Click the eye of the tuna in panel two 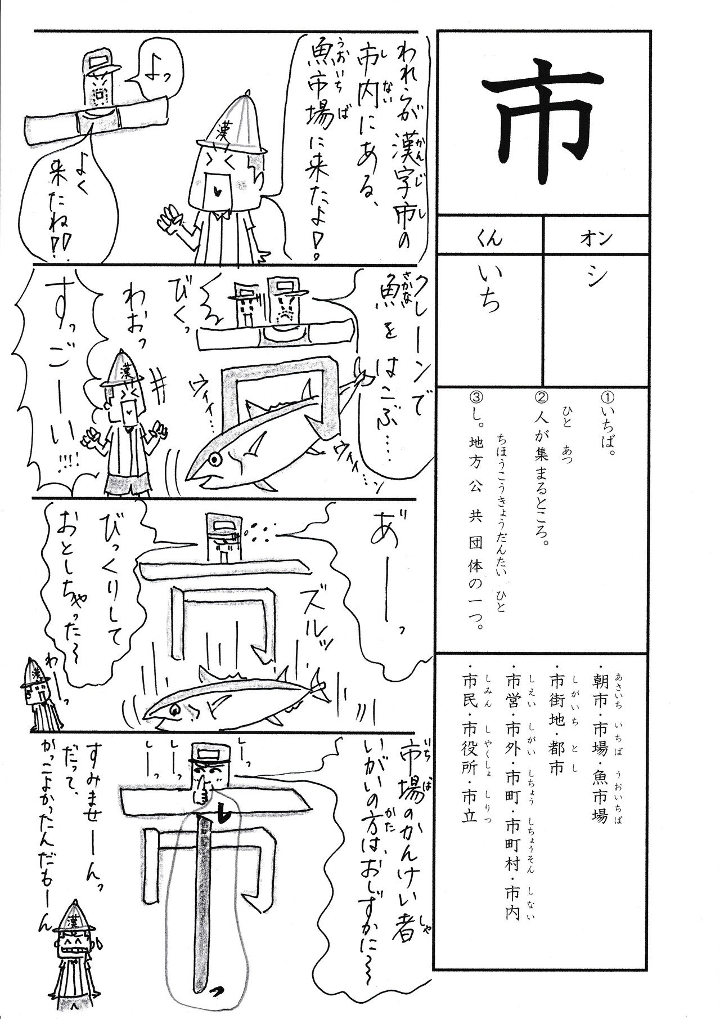214,443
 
